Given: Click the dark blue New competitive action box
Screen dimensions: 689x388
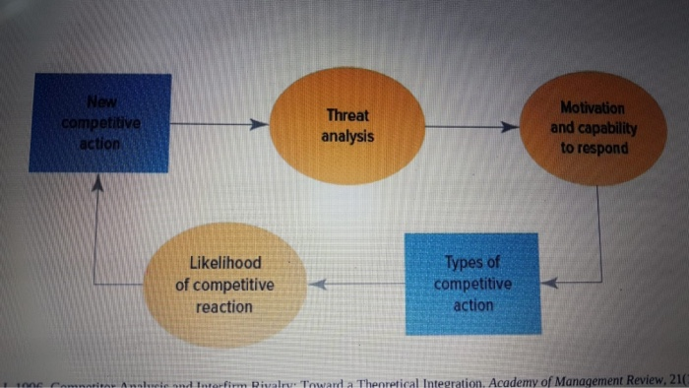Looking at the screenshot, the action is point(100,123).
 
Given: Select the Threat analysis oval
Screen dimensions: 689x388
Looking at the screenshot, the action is point(346,125).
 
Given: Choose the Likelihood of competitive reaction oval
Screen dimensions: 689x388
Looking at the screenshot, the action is point(223,286).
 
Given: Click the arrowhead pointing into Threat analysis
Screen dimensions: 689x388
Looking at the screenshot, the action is point(258,125).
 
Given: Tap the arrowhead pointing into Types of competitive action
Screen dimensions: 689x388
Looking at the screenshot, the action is point(550,283).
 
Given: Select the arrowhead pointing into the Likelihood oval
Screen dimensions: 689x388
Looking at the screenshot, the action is point(317,286).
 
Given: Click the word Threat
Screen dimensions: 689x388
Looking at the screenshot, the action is point(347,115).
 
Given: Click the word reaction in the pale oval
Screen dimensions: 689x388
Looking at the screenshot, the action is point(223,307).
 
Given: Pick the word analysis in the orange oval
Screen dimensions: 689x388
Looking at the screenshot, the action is point(347,136).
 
